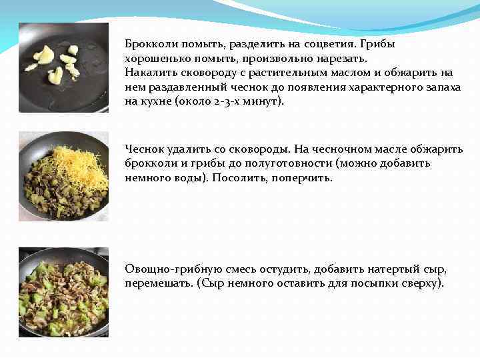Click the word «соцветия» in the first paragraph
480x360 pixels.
[x=334, y=44]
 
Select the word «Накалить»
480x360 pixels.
[x=148, y=73]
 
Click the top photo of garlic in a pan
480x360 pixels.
[x=63, y=67]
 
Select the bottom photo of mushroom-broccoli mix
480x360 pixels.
[x=63, y=292]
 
